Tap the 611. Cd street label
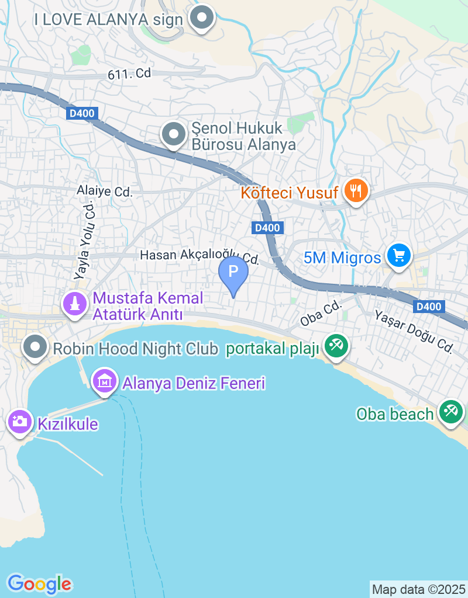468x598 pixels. pyautogui.click(x=129, y=74)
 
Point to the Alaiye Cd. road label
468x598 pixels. pyautogui.click(x=105, y=191)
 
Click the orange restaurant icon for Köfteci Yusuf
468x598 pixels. pyautogui.click(x=355, y=190)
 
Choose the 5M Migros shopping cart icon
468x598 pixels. pyautogui.click(x=399, y=256)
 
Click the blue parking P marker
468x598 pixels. pyautogui.click(x=233, y=272)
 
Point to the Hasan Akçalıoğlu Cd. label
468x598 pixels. pyautogui.click(x=199, y=256)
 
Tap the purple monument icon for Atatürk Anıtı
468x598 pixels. pyautogui.click(x=74, y=304)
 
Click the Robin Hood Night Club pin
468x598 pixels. pyautogui.click(x=35, y=347)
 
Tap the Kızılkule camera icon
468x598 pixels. pyautogui.click(x=19, y=421)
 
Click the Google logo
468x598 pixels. pyautogui.click(x=39, y=583)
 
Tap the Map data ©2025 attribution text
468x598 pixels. pyautogui.click(x=419, y=589)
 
